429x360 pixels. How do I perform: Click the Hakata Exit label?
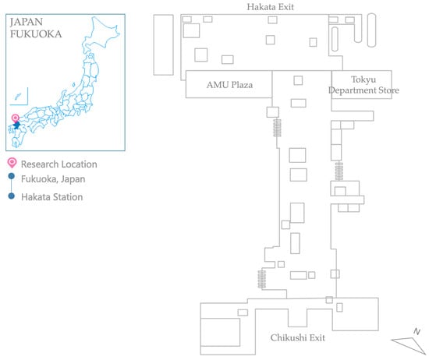click(271, 7)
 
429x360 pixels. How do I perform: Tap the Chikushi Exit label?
click(298, 337)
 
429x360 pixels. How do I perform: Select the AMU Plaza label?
click(229, 85)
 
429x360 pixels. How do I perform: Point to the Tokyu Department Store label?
click(363, 85)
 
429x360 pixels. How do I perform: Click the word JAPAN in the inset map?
click(27, 22)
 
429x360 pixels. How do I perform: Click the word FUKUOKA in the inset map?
click(36, 34)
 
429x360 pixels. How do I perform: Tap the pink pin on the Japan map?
click(16, 118)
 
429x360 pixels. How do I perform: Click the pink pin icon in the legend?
click(12, 163)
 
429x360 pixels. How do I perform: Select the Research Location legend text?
click(59, 164)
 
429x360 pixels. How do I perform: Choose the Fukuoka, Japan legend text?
click(53, 179)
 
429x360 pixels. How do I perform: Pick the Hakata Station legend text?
click(52, 197)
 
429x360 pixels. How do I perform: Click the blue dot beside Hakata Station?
click(11, 196)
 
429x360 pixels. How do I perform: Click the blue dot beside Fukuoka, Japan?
click(11, 176)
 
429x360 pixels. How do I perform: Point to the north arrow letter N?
click(417, 331)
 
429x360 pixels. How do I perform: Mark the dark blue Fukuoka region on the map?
click(16, 125)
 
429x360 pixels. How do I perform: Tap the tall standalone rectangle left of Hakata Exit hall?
click(163, 45)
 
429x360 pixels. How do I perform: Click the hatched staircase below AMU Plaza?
click(277, 128)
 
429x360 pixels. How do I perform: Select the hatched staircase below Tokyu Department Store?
click(339, 171)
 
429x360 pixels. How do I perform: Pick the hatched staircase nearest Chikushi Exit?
click(262, 279)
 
